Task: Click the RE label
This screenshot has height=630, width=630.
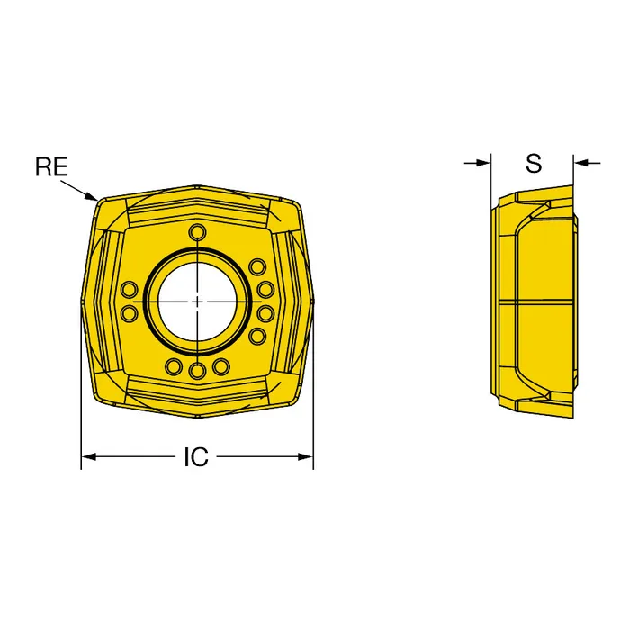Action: (52, 167)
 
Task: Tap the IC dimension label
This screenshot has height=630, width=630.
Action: (196, 457)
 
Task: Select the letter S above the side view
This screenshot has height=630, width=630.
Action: (534, 164)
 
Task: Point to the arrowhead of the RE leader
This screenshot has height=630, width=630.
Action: (92, 196)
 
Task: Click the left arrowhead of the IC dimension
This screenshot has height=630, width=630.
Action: (89, 457)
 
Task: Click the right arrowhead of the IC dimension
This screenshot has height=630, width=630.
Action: (305, 457)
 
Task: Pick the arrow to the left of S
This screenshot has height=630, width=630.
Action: (477, 163)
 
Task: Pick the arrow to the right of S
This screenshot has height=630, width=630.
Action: (587, 163)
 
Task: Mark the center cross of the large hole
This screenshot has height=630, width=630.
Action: (197, 301)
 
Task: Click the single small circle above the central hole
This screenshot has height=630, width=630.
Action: (197, 232)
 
